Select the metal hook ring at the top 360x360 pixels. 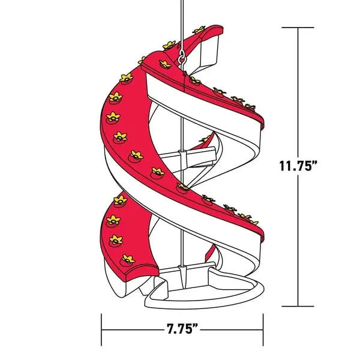182,58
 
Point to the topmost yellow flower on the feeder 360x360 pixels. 198,29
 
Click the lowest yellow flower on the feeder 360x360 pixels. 127,259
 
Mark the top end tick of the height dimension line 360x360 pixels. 298,28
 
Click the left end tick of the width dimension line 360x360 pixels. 102,329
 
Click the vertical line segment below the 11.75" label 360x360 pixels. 298,240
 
